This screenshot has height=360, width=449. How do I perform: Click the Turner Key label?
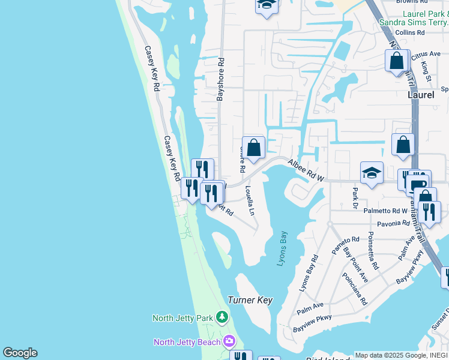(250, 300)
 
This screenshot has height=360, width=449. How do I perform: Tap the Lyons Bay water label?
(283, 249)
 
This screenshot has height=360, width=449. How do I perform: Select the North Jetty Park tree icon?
(222, 316)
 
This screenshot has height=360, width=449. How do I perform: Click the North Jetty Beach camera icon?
(229, 341)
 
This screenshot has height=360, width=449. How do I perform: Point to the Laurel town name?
(420, 95)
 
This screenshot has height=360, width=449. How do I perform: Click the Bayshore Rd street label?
(220, 78)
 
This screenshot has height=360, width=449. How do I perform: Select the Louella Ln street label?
(250, 200)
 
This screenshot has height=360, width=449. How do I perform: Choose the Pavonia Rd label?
(393, 224)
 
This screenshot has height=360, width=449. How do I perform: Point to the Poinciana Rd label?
(354, 289)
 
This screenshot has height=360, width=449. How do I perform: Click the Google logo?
(20, 353)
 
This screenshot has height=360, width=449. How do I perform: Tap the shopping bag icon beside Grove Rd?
(253, 147)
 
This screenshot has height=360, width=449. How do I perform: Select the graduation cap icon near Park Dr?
(372, 172)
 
